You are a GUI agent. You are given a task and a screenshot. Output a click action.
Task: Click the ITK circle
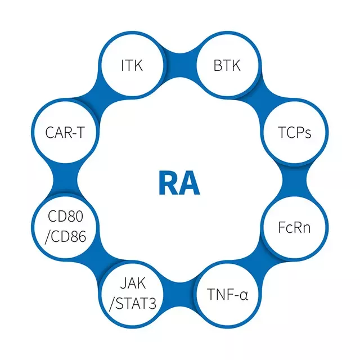132,66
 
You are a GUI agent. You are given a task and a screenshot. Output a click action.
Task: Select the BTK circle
227,66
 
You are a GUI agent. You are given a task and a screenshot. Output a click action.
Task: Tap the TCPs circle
294,133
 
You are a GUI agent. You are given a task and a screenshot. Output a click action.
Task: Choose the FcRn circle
294,228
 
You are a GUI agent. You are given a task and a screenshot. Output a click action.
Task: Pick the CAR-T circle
65,133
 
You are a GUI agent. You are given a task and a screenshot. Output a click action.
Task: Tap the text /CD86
65,236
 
